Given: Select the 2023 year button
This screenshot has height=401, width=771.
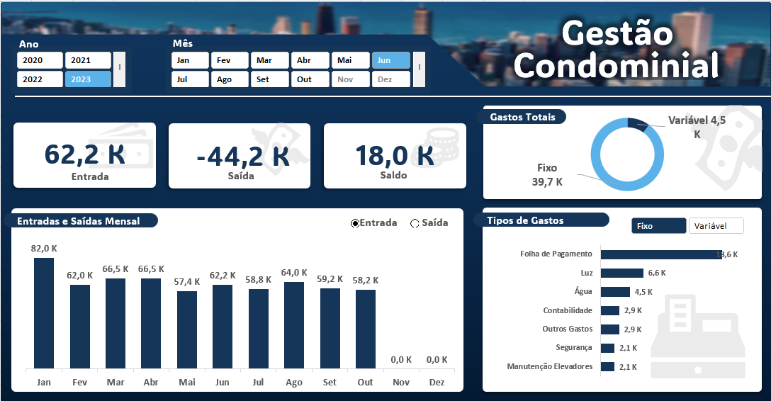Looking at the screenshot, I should [88, 79].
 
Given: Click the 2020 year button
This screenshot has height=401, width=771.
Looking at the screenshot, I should [40, 61].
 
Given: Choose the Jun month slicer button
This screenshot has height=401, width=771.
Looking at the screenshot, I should [390, 61].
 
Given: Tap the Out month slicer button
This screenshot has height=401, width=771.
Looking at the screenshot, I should [310, 79].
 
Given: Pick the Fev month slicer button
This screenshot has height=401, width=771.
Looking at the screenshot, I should [229, 61].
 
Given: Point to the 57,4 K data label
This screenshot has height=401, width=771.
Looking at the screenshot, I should [187, 281].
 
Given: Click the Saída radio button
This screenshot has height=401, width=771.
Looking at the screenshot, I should [415, 223].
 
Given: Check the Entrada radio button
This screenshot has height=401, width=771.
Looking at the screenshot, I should [355, 223].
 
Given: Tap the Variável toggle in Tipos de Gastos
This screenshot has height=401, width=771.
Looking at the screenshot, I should [716, 226].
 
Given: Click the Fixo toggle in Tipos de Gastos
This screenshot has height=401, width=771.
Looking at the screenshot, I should [658, 226].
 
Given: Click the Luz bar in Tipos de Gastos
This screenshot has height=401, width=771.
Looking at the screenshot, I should [621, 273].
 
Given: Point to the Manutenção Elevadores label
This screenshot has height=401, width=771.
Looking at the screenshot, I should [549, 367].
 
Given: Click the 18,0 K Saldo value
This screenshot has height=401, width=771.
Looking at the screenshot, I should [395, 154].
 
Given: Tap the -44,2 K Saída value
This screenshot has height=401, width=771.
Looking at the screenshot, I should [242, 155].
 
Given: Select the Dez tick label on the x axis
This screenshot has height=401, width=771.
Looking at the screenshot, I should [437, 383].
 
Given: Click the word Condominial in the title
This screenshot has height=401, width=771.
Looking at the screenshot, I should [617, 66].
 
